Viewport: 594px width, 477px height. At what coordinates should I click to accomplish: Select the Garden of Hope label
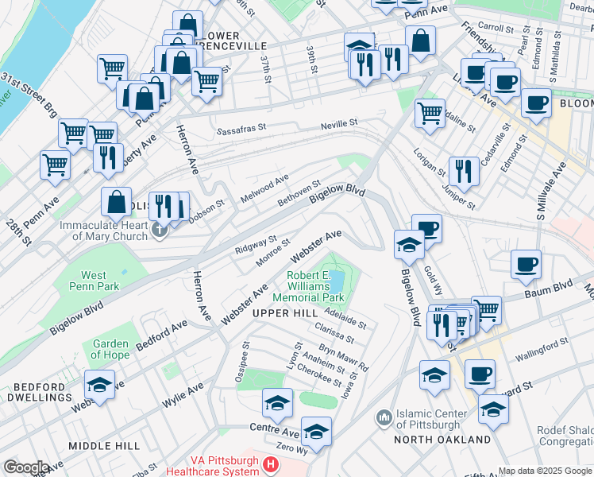(x=110, y=349)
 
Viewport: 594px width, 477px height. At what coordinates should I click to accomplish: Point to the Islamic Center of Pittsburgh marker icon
(x=384, y=417)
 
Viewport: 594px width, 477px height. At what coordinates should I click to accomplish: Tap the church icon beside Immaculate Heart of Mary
(x=160, y=231)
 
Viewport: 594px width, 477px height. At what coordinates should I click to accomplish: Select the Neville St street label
(x=339, y=124)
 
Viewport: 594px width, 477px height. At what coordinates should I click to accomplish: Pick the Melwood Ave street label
(x=265, y=188)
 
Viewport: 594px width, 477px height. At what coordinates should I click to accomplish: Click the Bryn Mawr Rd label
(x=344, y=358)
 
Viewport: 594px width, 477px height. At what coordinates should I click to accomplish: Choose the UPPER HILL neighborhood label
(x=280, y=314)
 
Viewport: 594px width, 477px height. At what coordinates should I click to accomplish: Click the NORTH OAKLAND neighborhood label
(x=443, y=439)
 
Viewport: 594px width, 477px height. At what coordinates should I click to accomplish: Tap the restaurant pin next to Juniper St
(x=463, y=170)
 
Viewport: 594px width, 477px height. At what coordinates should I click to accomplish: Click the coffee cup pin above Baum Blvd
(x=526, y=264)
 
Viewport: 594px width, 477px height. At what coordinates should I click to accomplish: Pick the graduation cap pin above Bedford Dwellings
(x=100, y=384)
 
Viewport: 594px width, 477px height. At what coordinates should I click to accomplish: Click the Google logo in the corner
(x=26, y=467)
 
